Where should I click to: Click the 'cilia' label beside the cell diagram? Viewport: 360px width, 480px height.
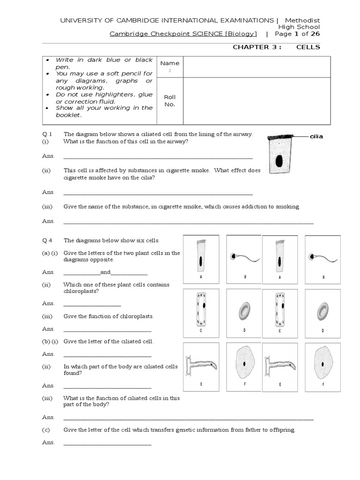(x=316, y=136)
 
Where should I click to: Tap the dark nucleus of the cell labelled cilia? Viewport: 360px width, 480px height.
(x=279, y=161)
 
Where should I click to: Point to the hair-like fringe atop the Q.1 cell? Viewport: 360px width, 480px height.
(x=279, y=137)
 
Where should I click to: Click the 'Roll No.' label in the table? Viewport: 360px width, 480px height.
(x=169, y=101)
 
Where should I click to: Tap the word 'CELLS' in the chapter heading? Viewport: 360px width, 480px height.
(x=308, y=47)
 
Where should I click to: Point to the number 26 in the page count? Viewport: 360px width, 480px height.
(x=315, y=34)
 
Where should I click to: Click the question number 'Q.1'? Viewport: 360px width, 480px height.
(x=46, y=134)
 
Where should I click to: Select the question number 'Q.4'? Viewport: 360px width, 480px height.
(x=46, y=240)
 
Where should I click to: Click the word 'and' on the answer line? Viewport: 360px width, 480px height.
(x=105, y=272)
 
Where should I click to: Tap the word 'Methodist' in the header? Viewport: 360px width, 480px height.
(x=302, y=20)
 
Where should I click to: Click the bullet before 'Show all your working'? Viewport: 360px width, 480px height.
(x=49, y=108)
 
